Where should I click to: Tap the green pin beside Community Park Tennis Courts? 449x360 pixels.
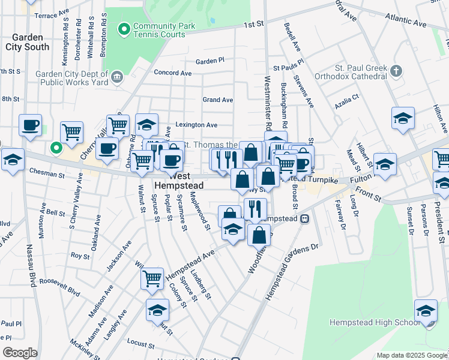[125, 28]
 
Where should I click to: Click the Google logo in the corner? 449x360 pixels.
[20, 353]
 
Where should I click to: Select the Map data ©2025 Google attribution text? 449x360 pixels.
[411, 355]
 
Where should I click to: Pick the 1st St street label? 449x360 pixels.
[253, 25]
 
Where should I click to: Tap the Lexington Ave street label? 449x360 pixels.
[196, 125]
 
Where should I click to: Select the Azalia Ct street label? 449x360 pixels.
[347, 96]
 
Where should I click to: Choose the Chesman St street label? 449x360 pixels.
[46, 174]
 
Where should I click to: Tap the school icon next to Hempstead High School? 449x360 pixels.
[426, 311]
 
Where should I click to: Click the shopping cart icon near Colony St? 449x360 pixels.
[152, 278]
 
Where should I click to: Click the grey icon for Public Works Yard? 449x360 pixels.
[117, 76]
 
